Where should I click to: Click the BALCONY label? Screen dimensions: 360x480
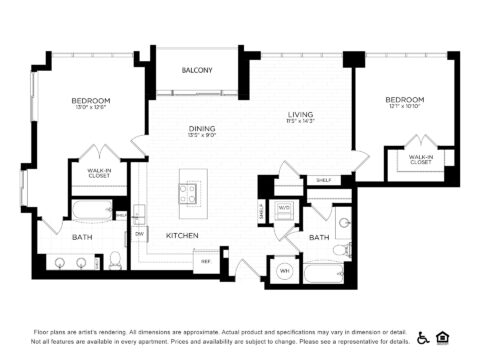point(195,70)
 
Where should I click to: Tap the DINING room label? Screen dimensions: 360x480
point(202,129)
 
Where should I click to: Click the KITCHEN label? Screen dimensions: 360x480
point(182,235)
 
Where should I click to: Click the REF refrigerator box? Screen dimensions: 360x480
point(206,261)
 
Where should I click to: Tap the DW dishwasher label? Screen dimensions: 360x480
point(140,234)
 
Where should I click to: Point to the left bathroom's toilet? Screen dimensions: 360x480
point(115,262)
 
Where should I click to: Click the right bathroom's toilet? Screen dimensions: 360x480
point(341,249)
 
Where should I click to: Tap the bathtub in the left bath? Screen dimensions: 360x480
point(92,212)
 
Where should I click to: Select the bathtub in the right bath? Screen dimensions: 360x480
point(325,274)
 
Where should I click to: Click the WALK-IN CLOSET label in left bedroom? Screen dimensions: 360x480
point(98,174)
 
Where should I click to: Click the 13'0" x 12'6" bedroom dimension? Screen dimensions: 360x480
point(90,109)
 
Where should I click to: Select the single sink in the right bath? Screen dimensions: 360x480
point(344,223)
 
